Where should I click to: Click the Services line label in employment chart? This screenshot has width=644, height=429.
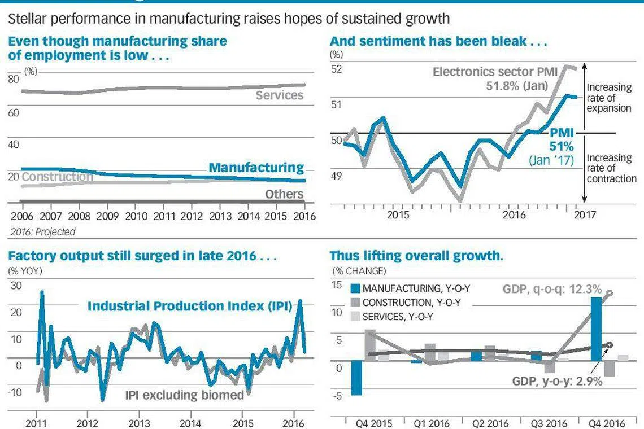tap(279, 95)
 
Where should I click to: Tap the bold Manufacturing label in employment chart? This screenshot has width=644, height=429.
tap(256, 168)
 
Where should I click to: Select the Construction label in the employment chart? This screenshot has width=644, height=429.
tap(57, 177)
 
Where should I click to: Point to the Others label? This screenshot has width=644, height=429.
tap(284, 194)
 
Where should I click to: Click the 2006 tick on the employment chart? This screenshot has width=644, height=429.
tap(21, 216)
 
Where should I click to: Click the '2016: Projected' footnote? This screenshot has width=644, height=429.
tap(42, 231)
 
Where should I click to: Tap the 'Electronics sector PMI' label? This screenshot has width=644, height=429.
tap(495, 72)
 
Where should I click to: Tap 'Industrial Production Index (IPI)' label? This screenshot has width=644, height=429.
tap(189, 307)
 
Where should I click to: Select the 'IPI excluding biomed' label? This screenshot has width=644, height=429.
tap(184, 395)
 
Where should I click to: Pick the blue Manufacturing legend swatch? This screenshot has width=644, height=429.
tap(355, 288)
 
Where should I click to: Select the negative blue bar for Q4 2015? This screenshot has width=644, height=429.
tap(356, 378)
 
